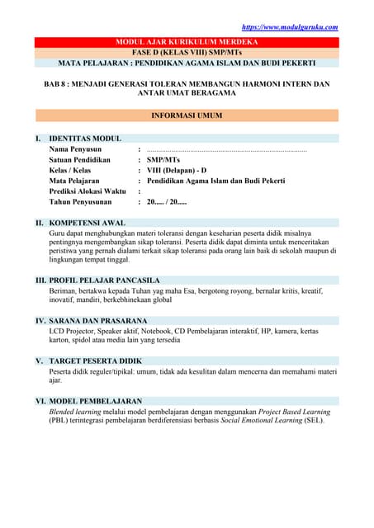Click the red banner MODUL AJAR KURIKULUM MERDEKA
[186, 41]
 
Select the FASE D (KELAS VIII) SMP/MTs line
[186, 51]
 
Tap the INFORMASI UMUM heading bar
[186, 116]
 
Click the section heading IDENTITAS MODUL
[85, 139]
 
